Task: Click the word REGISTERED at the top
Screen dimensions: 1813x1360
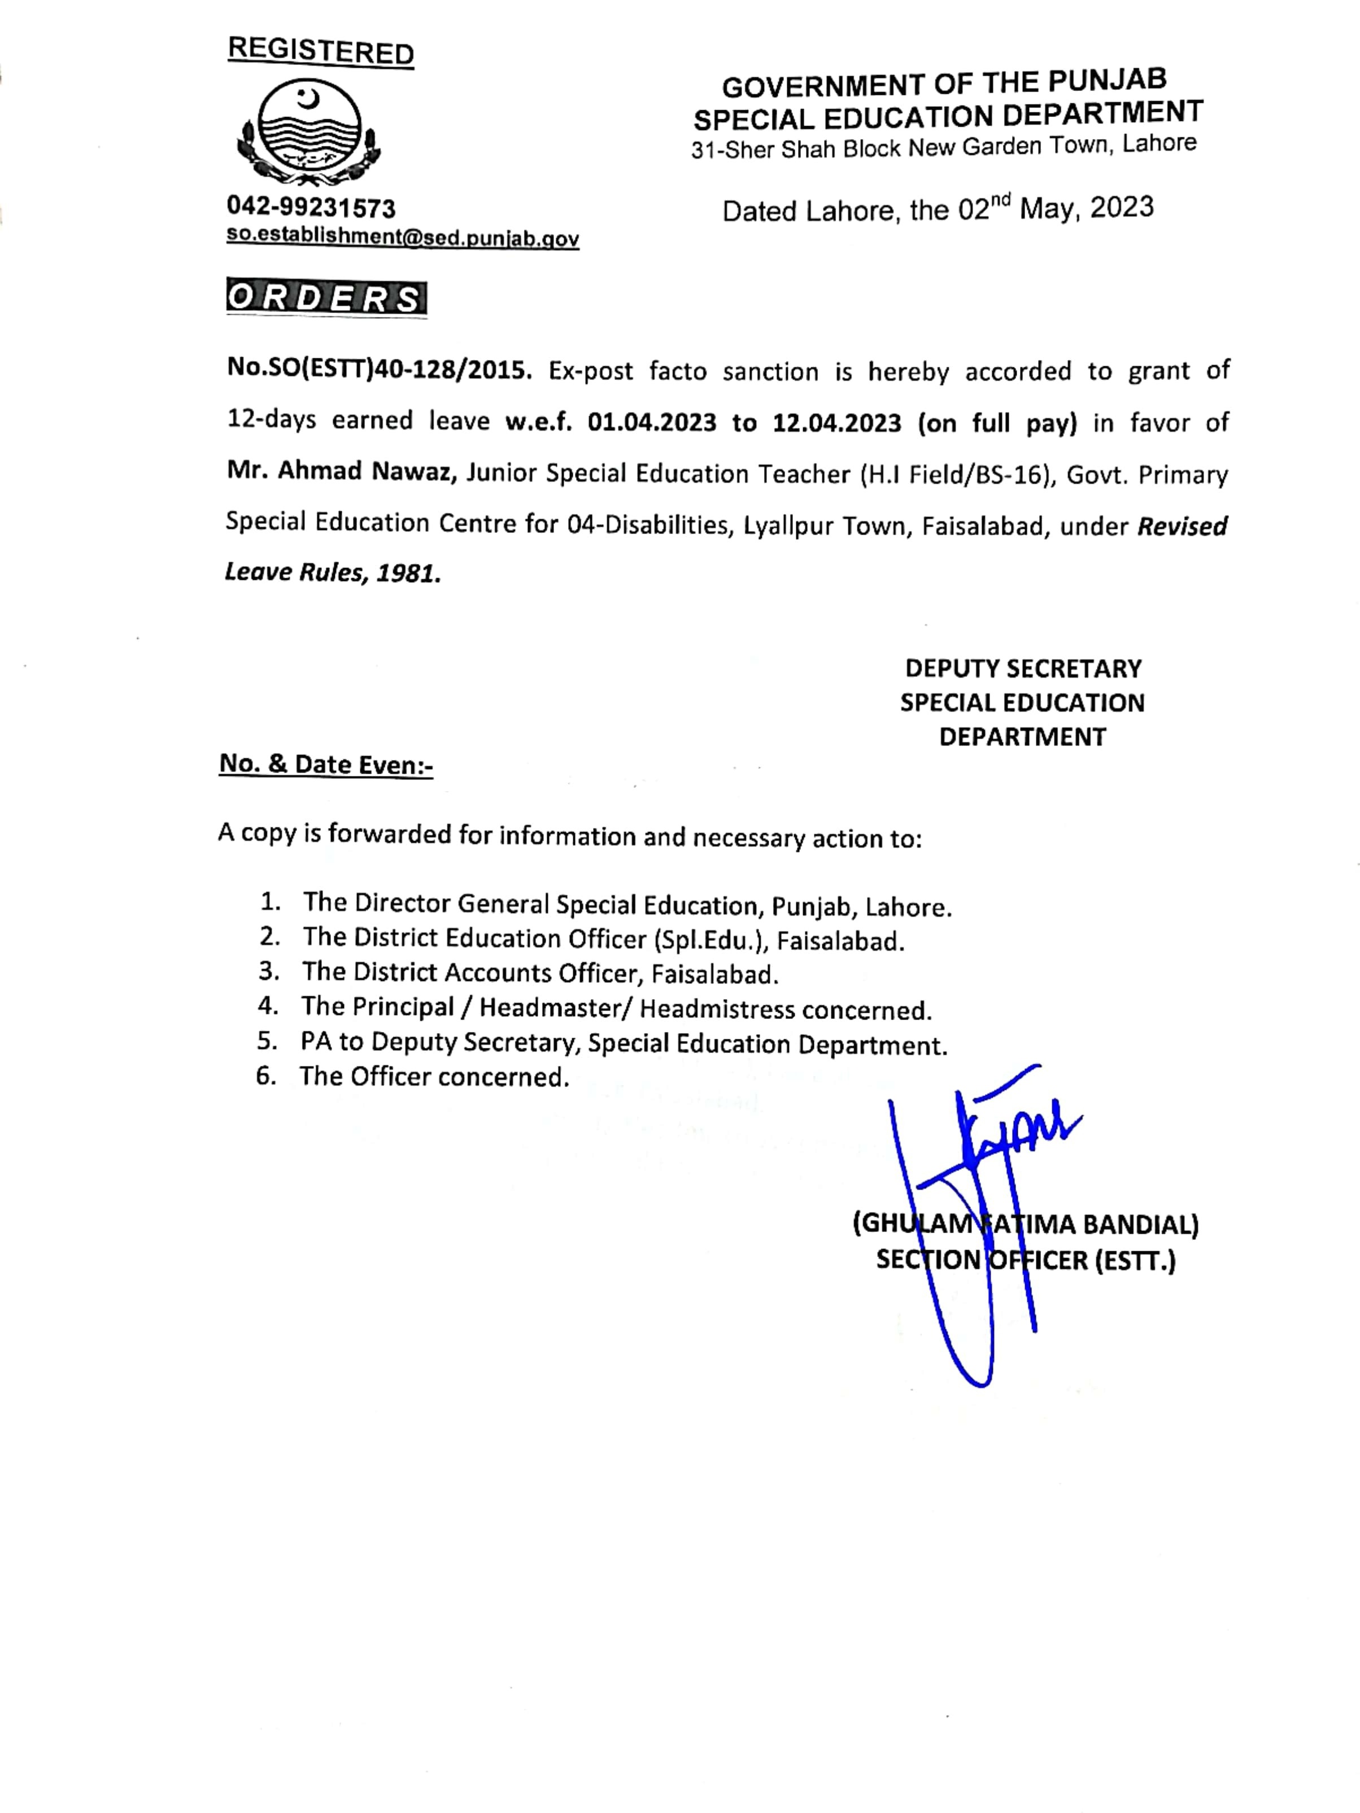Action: tap(320, 51)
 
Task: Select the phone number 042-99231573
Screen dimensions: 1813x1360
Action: tap(311, 208)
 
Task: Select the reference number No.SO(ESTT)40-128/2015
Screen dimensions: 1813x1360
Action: tap(378, 370)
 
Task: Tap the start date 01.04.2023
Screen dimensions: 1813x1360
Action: tap(651, 423)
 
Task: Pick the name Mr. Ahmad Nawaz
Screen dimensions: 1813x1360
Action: tap(342, 472)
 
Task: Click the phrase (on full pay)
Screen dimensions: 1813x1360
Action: tap(997, 423)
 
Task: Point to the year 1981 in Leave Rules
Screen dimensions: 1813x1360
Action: tap(407, 573)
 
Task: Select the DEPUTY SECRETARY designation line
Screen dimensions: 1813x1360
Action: tap(1022, 669)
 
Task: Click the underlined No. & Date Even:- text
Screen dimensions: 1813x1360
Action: tap(325, 765)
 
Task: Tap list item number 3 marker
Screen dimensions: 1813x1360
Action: tap(269, 971)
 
